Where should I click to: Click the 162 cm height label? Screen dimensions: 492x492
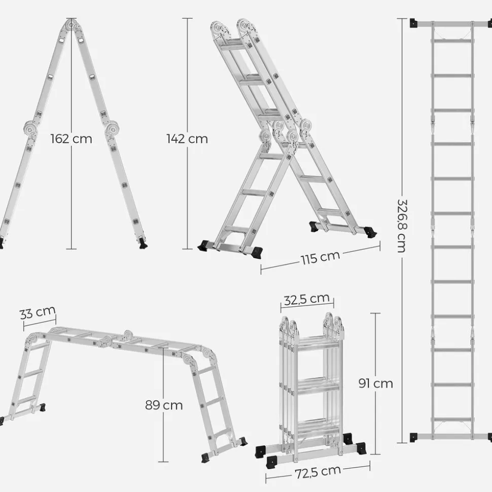72,139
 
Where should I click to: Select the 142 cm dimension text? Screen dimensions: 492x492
187,139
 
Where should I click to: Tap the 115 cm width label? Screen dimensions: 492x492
320,257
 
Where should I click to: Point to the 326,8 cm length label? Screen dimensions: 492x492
402,226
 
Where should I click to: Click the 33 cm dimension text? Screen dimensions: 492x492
38,313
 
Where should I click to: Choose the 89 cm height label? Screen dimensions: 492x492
164,405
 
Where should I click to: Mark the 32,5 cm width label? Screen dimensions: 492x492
307,299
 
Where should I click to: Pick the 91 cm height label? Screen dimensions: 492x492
376,384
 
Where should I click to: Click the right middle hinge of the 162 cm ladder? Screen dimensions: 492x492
112,129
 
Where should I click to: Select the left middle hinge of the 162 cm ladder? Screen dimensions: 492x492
30,128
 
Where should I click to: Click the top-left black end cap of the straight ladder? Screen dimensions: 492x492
414,23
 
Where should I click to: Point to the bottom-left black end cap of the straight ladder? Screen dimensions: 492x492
414,437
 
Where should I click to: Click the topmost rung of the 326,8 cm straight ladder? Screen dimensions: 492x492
452,41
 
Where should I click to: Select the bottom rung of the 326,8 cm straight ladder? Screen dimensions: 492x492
452,419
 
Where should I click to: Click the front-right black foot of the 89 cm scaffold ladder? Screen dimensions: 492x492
206,457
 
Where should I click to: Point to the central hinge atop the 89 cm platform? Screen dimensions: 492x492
127,334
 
